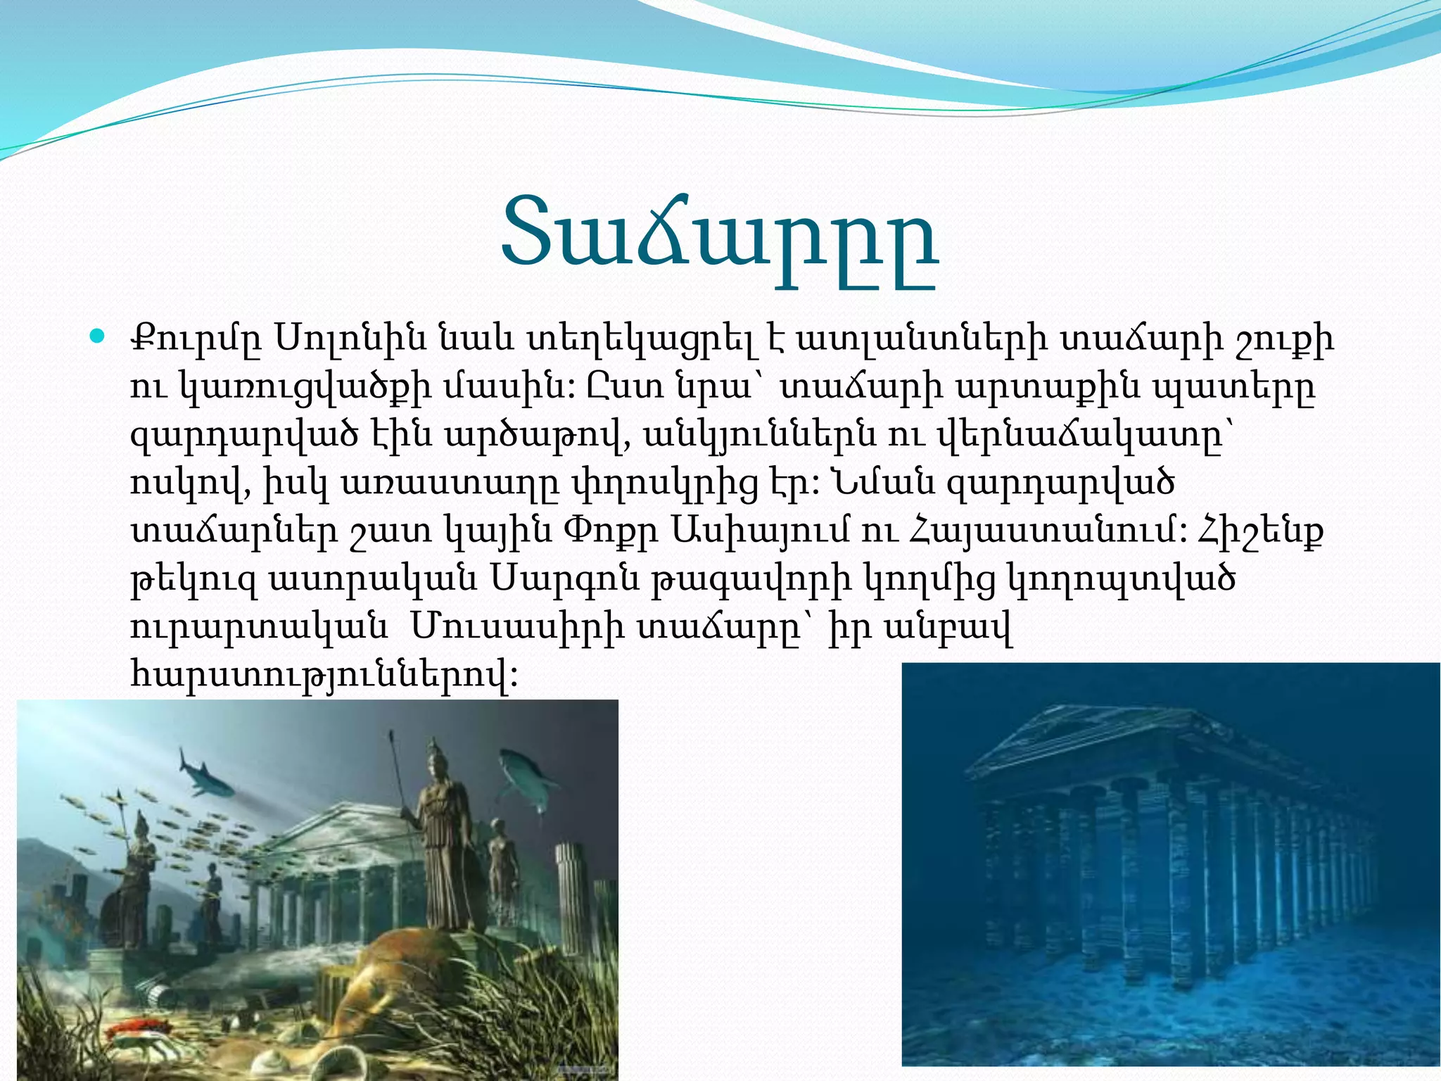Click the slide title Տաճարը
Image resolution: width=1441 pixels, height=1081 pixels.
point(719,239)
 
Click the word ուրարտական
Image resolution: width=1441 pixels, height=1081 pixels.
point(258,626)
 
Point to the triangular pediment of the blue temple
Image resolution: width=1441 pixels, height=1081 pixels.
point(1084,739)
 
